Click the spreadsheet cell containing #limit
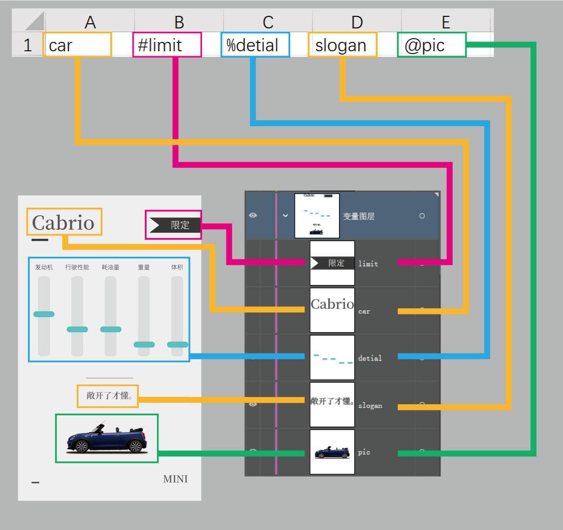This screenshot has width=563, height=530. click(x=167, y=45)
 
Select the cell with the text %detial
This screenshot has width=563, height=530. click(x=255, y=45)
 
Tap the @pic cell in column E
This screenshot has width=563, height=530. click(x=431, y=45)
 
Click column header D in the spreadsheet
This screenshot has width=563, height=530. click(x=357, y=22)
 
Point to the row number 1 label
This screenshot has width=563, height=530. click(x=27, y=45)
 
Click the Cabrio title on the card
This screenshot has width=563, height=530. click(x=64, y=223)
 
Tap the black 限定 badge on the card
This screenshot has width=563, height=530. click(x=174, y=225)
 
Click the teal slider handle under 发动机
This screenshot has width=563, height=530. click(x=44, y=314)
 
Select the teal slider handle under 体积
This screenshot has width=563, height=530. click(x=177, y=345)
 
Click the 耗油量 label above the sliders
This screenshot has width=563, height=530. click(x=110, y=267)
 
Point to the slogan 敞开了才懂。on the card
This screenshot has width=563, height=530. click(x=108, y=396)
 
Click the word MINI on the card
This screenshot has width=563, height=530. click(x=176, y=479)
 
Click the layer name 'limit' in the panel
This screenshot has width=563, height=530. click(x=368, y=264)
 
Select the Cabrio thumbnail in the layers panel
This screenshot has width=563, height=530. click(x=332, y=310)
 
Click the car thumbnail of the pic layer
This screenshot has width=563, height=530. click(x=332, y=452)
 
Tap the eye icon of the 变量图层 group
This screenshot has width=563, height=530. click(x=253, y=216)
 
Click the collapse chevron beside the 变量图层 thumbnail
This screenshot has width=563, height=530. click(x=285, y=216)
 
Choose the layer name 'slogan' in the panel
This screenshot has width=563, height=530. click(x=370, y=406)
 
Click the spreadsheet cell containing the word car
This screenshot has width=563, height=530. click(x=77, y=45)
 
